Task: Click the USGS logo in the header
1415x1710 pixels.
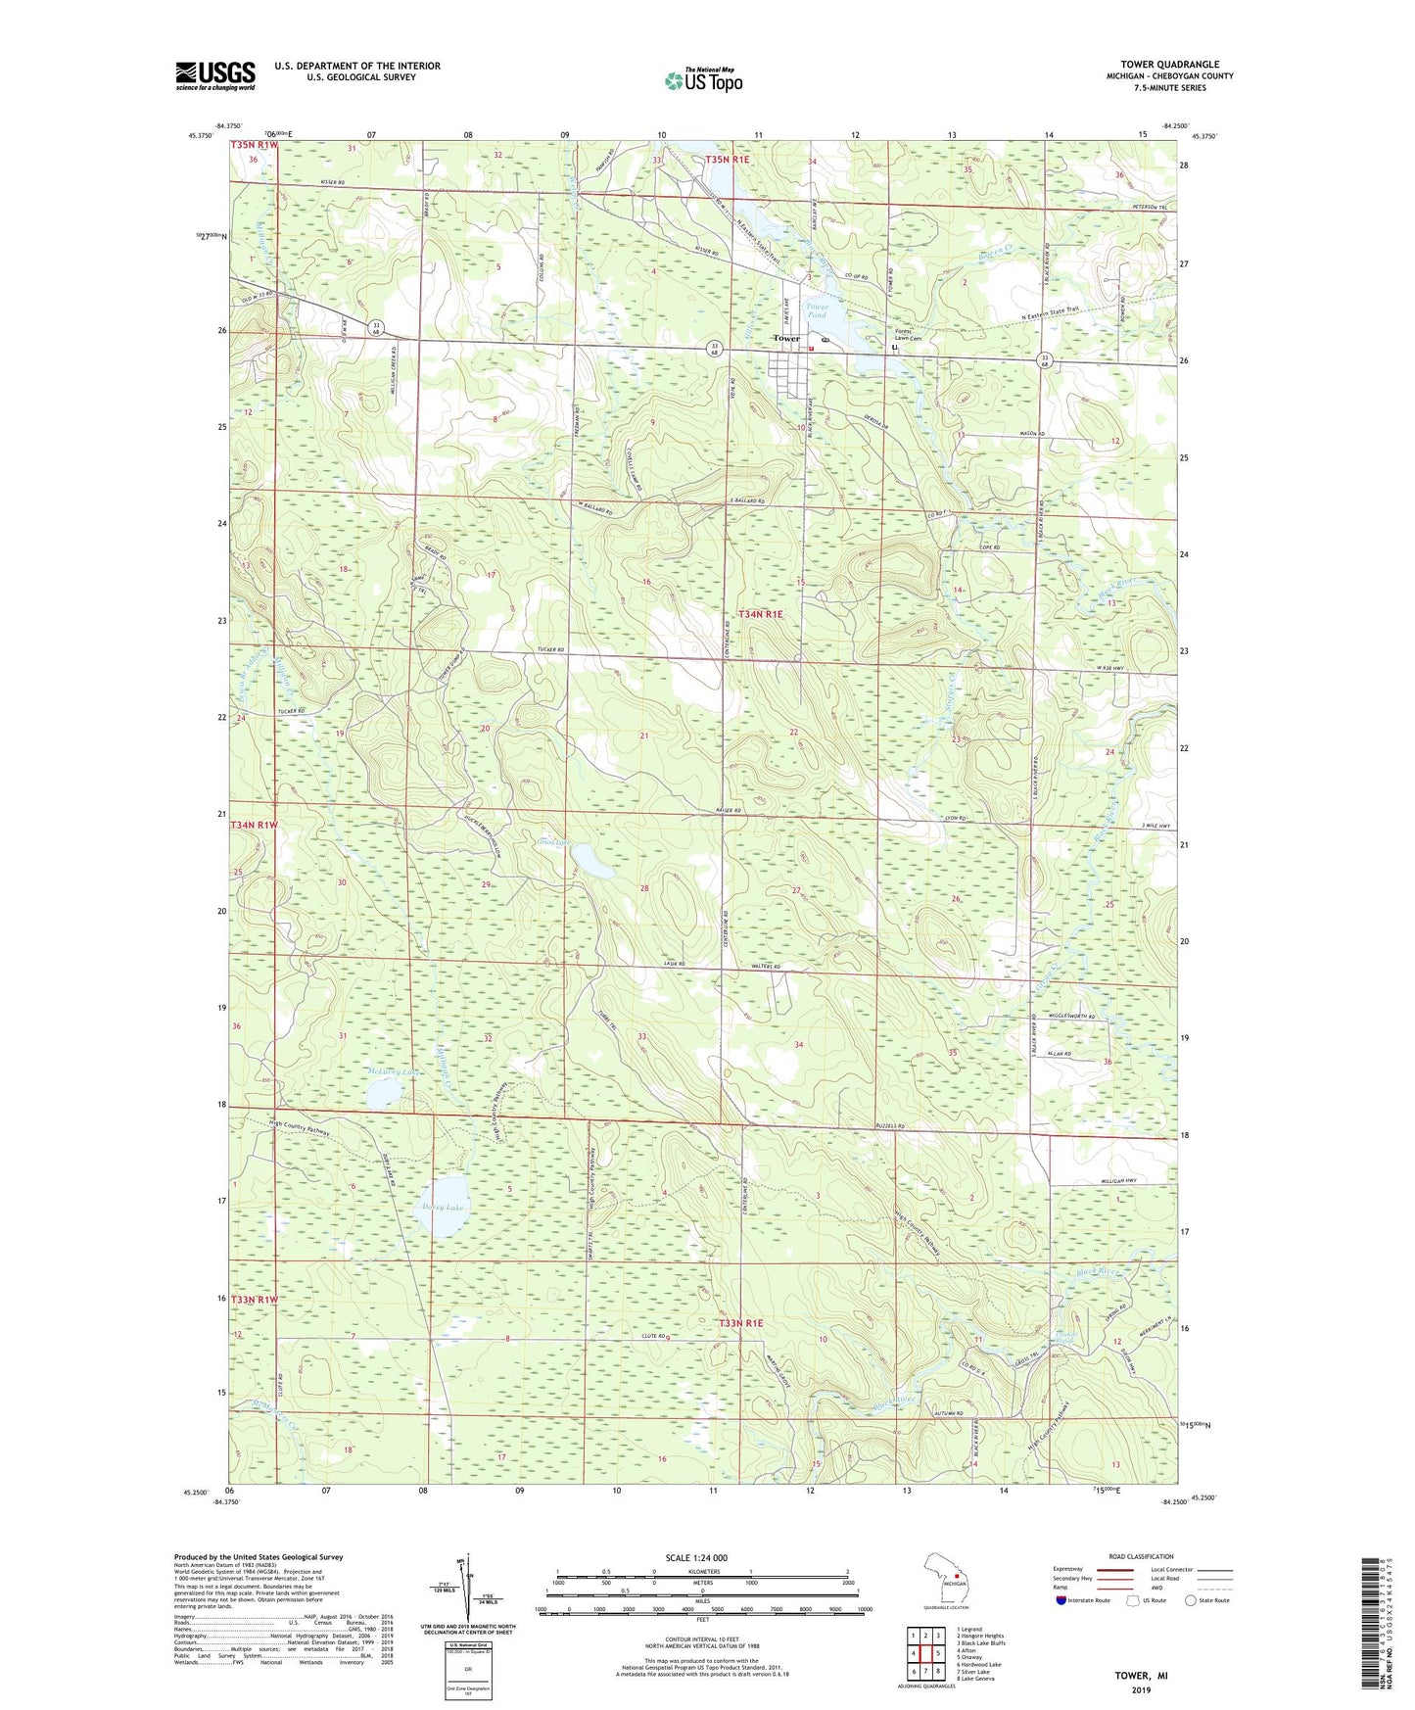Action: [214, 75]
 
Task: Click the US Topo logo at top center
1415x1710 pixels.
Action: [703, 80]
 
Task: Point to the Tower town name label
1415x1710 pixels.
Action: [786, 338]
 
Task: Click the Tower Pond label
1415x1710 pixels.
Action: [817, 310]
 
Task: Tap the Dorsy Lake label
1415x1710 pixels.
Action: [442, 1208]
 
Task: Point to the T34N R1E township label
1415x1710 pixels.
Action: [761, 614]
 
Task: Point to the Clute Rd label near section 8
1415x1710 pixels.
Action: [655, 1337]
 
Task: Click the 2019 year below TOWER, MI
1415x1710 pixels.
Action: [1141, 1689]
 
